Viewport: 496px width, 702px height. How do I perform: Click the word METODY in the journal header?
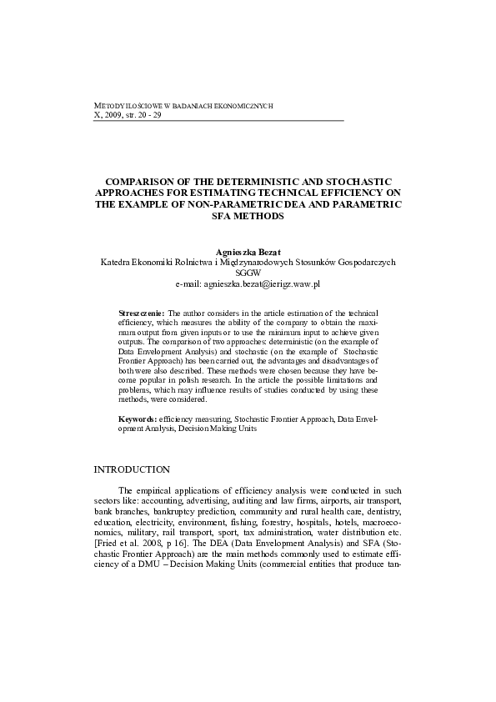113,107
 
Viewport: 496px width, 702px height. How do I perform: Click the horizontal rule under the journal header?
220,122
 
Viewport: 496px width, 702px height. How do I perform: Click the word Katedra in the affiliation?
117,262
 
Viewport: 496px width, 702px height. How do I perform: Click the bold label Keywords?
138,420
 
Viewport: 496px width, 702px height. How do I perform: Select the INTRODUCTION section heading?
132,470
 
